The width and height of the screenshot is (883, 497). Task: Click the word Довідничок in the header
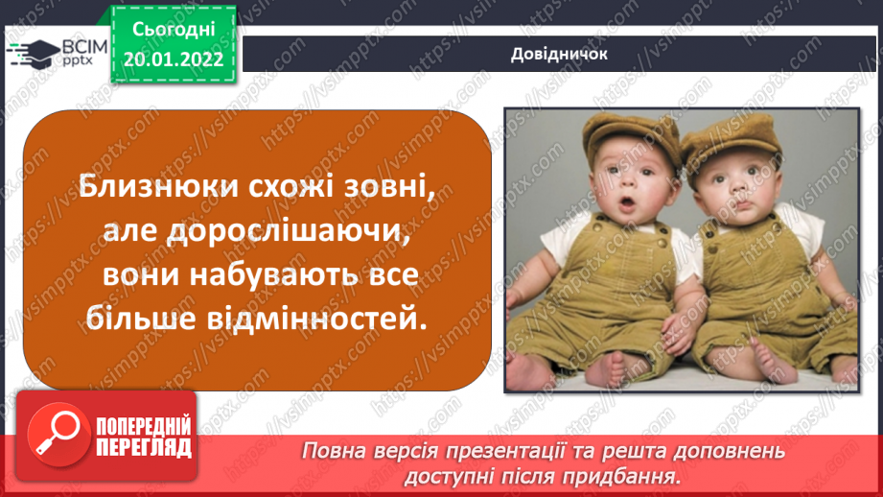point(559,54)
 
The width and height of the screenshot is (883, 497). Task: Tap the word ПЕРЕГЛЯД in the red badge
point(144,448)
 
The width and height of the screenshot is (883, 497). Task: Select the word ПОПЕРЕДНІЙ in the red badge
point(144,426)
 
